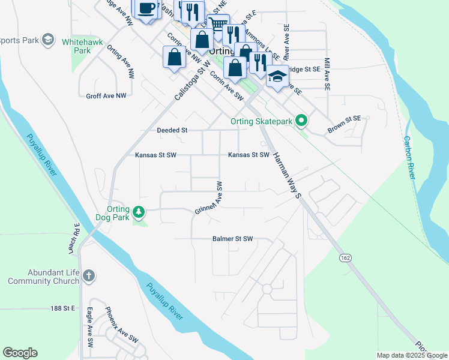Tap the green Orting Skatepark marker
coord(303,122)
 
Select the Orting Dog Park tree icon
coord(139,212)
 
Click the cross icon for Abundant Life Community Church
coord(88,276)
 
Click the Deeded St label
coord(172,130)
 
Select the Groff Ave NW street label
coord(106,95)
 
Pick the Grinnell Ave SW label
coord(209,199)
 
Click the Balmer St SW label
coord(233,239)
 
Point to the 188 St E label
coord(62,308)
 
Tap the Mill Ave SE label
coord(327,74)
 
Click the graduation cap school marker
coord(277,77)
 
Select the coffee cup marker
coord(145,8)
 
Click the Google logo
coord(20,353)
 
